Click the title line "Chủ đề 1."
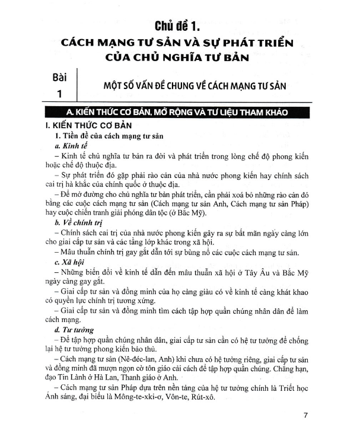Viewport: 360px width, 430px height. (x=179, y=26)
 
